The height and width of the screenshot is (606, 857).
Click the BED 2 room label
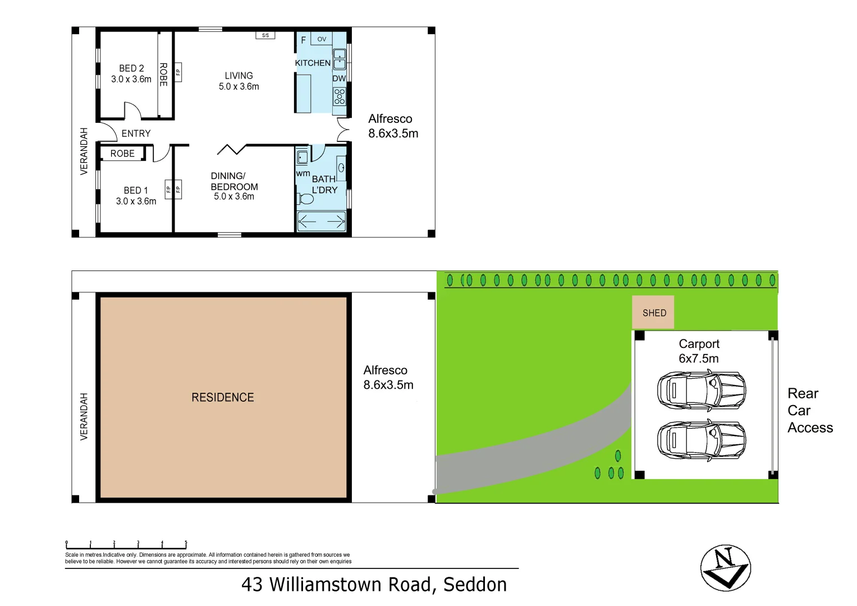131,74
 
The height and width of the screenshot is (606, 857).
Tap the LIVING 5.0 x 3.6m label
239,81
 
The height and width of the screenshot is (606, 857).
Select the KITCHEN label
313,63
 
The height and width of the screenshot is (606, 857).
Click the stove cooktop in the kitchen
340,97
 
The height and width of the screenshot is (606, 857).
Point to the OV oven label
322,39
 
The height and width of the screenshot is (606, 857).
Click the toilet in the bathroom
306,199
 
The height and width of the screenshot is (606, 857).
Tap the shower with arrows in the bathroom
321,222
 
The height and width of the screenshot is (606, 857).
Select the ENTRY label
136,134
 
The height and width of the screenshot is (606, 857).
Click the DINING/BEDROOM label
234,186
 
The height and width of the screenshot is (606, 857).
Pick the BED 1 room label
136,196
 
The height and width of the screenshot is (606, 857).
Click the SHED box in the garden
654,313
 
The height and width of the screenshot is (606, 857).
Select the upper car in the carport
701,390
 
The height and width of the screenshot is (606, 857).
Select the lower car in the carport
701,440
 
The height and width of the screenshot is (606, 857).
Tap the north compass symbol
725,567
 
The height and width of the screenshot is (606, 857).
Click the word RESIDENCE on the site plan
223,397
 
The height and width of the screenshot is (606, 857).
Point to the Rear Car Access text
809,410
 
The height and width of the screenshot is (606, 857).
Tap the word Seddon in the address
475,585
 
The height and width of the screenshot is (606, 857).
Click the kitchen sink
340,59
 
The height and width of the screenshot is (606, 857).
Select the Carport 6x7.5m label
699,351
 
